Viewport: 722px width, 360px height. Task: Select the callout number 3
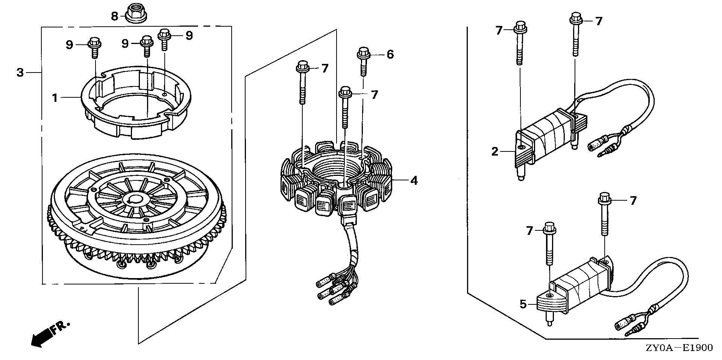point(20,72)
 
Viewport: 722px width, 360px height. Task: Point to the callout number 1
point(55,98)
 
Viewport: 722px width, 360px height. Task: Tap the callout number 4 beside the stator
point(414,181)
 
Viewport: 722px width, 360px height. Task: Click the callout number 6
point(390,55)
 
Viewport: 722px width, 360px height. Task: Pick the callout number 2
point(494,152)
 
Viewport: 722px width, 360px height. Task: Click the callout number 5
point(523,304)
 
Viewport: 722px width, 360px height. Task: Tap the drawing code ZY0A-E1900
point(683,348)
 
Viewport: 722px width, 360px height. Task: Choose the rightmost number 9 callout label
point(189,35)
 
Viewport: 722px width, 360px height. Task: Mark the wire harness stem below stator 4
point(352,244)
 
